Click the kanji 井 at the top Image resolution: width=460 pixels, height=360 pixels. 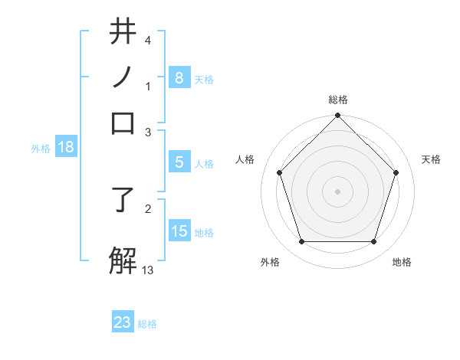[x=123, y=32]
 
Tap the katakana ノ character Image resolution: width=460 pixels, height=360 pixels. [x=123, y=77]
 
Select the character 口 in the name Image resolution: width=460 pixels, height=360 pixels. [x=123, y=123]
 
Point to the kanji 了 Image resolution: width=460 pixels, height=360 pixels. [x=123, y=201]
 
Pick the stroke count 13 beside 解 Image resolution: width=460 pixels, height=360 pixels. [x=148, y=270]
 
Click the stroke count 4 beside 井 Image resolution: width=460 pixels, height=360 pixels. [x=147, y=40]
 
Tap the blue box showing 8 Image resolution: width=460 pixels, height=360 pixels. [x=179, y=77]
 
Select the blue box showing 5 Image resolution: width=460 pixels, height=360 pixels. [x=179, y=162]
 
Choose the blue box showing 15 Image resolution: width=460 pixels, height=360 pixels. [x=179, y=231]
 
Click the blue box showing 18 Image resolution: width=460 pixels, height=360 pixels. [x=66, y=148]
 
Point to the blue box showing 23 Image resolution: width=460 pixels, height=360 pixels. [x=123, y=322]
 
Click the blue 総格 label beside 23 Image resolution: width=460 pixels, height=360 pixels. [x=147, y=324]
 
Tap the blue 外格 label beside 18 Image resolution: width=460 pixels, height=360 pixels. [x=41, y=149]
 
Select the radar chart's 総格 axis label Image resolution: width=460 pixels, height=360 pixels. [x=337, y=100]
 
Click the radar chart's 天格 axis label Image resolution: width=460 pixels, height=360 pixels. [x=432, y=159]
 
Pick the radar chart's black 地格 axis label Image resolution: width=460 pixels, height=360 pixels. [x=402, y=262]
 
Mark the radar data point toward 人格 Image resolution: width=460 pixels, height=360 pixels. [x=280, y=172]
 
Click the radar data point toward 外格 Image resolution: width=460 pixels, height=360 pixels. [x=301, y=242]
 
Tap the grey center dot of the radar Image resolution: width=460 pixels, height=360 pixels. [x=337, y=191]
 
